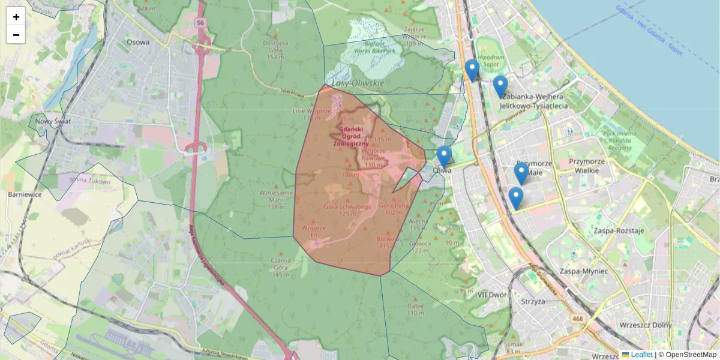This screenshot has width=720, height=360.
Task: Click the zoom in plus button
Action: pos(16,17)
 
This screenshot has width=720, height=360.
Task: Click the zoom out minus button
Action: pos(16,35)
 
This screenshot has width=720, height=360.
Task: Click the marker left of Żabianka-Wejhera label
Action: pos(500,86)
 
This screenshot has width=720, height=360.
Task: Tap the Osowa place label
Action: pos(138,42)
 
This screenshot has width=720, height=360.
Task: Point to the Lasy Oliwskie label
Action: pos(358,82)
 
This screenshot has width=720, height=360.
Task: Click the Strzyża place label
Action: pos(533,301)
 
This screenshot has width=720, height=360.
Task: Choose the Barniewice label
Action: pos(24,194)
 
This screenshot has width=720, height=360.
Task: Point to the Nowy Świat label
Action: pos(53,121)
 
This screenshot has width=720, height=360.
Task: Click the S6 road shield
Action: pos(200,23)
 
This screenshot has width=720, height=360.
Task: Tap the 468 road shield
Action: pos(577,319)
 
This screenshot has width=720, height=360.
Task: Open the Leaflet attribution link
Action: pos(641,355)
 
